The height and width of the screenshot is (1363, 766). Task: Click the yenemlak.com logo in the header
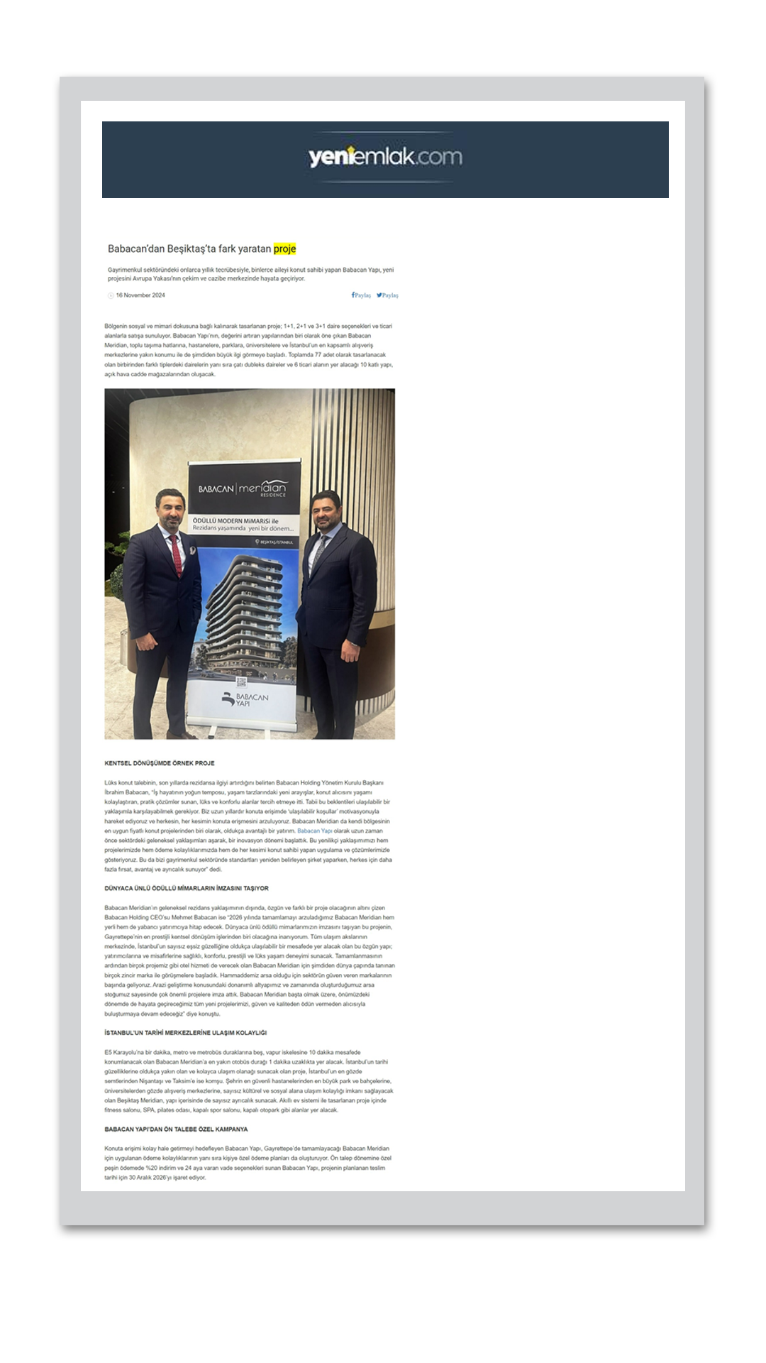(x=385, y=157)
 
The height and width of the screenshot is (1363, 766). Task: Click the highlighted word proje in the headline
(x=284, y=249)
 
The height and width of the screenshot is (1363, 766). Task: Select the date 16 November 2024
(x=140, y=295)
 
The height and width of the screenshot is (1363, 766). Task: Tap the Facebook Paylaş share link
(x=361, y=295)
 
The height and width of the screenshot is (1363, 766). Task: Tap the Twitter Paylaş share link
(x=387, y=295)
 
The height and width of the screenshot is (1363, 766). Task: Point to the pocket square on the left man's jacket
(x=191, y=550)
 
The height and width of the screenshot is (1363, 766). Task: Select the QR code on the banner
(x=240, y=683)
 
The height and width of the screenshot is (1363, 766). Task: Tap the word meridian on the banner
(x=262, y=488)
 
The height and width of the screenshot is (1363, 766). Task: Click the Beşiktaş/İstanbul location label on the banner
(x=274, y=542)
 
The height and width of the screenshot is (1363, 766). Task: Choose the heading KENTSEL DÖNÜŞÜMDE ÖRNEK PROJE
(x=160, y=763)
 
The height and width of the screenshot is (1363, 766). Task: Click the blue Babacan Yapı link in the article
(x=314, y=831)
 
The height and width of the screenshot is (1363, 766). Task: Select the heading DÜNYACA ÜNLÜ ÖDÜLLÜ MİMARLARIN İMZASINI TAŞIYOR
(x=187, y=888)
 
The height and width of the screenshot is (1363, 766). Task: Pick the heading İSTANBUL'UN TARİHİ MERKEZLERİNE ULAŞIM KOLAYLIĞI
(x=186, y=1033)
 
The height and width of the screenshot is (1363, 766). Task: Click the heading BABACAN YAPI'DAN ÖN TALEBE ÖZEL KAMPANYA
(x=176, y=1129)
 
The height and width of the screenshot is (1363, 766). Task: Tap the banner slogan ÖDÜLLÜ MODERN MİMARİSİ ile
(x=235, y=520)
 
